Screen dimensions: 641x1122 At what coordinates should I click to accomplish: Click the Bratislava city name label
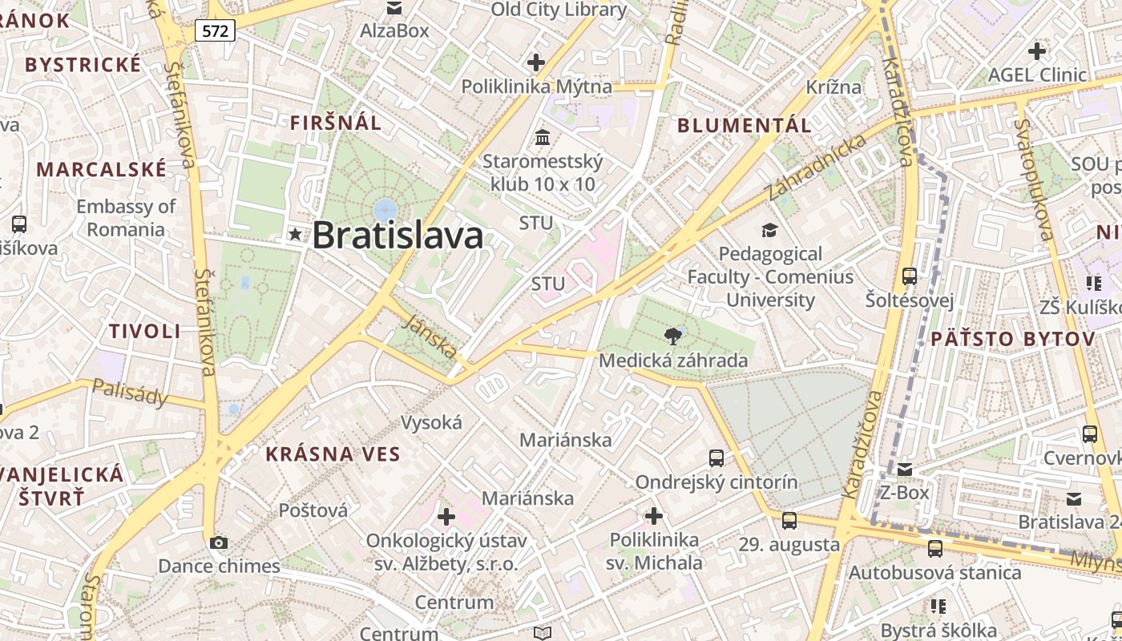[398, 236]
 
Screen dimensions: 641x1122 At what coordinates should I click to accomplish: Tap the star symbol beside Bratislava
[296, 235]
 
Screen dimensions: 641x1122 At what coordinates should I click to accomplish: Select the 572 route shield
[216, 31]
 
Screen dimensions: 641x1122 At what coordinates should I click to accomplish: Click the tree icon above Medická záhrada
[672, 337]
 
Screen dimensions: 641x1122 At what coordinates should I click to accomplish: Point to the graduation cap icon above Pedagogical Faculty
[769, 231]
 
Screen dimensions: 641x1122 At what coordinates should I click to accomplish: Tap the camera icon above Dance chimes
[218, 542]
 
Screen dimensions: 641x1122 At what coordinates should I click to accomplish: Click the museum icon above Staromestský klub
[543, 137]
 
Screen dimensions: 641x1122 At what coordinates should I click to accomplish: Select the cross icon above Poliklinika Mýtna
[536, 62]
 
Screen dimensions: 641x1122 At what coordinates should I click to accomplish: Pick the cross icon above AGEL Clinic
[1037, 51]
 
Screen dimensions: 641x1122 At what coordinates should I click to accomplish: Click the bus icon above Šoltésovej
[910, 276]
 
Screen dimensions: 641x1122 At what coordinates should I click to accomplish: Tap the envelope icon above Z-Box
[905, 469]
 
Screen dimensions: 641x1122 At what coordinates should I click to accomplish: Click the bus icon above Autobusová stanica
[934, 549]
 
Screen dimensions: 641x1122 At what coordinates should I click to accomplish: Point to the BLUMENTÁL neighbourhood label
[745, 125]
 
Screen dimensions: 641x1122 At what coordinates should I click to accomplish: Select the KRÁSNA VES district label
[333, 454]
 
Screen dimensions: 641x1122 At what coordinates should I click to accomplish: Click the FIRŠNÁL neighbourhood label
[336, 123]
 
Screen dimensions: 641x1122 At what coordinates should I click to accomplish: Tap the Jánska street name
[432, 336]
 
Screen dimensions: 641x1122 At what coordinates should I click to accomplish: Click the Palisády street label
[130, 392]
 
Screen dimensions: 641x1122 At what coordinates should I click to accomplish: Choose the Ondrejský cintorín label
[716, 482]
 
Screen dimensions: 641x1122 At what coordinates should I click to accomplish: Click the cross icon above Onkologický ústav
[446, 517]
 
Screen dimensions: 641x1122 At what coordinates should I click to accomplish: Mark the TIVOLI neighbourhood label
[145, 331]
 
